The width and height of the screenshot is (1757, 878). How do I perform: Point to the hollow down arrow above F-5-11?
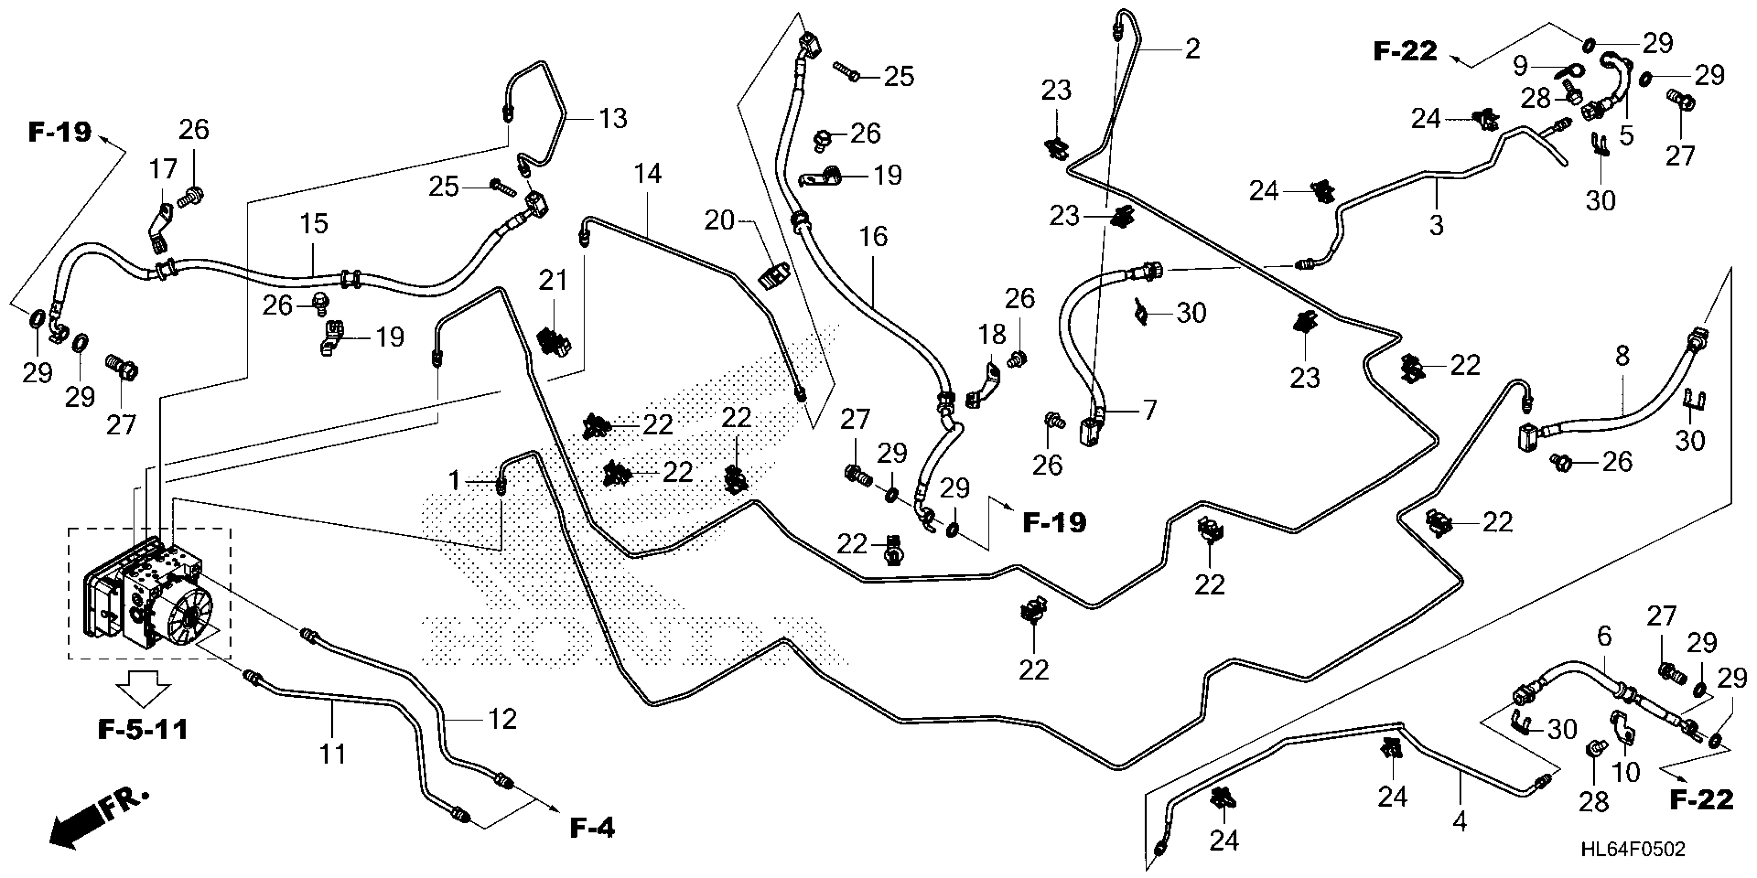(143, 688)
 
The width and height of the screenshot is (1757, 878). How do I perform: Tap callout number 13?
(612, 119)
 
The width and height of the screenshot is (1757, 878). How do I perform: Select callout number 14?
(648, 174)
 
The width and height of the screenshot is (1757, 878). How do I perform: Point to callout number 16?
(873, 237)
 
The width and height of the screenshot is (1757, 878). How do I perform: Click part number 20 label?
(718, 220)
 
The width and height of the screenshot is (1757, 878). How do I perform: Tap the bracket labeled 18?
(984, 386)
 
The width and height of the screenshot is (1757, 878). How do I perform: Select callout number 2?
(1192, 49)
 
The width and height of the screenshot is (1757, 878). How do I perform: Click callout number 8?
(1622, 356)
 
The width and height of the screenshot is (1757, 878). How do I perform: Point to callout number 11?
(333, 755)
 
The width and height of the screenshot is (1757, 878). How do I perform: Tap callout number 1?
(454, 481)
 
